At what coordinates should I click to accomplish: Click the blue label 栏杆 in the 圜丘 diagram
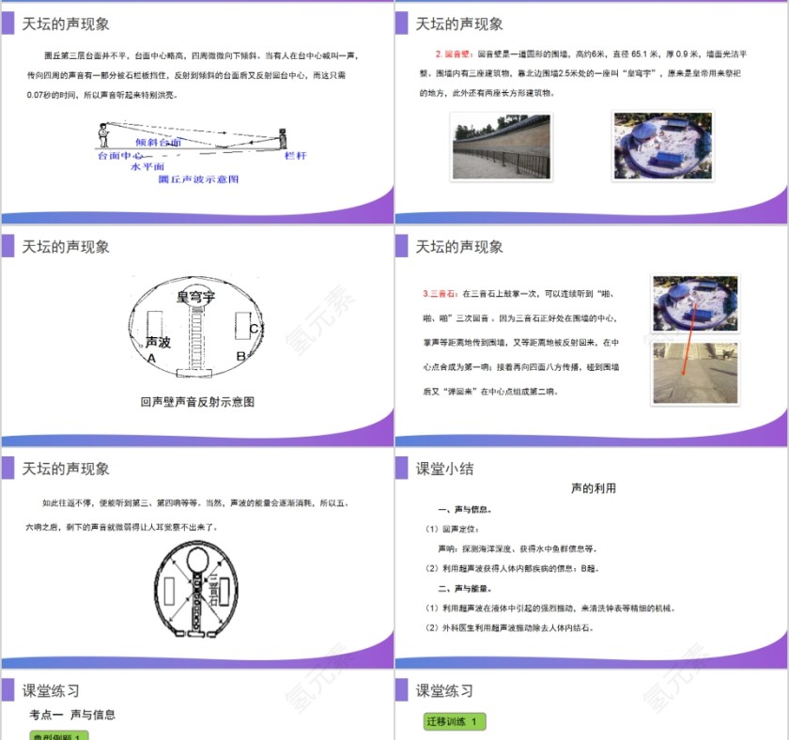click(x=296, y=156)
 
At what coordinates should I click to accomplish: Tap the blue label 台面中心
click(x=120, y=156)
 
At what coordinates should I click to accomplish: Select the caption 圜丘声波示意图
click(x=199, y=177)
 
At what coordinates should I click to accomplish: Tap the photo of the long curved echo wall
click(x=500, y=146)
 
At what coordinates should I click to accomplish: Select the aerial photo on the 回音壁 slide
click(x=662, y=145)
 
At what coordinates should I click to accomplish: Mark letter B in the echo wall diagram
click(x=240, y=356)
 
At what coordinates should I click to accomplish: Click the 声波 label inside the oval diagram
click(x=158, y=343)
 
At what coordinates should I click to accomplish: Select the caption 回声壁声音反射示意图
click(x=197, y=402)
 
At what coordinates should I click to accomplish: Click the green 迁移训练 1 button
click(x=456, y=721)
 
